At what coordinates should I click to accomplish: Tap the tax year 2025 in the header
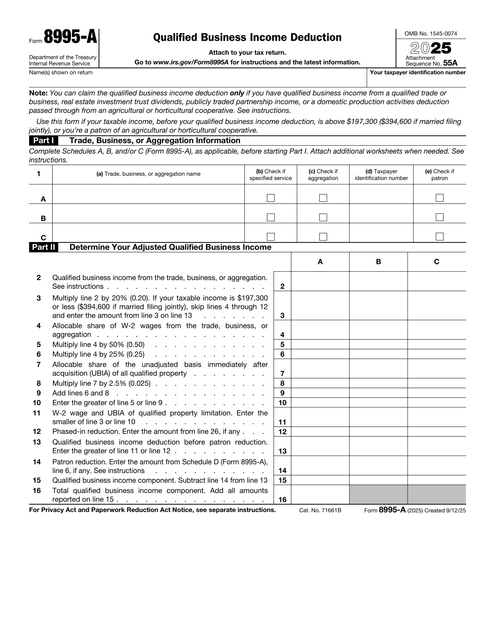click(x=430, y=48)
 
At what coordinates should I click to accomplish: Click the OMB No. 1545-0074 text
click(x=430, y=34)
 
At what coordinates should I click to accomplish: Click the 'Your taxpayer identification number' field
click(x=416, y=81)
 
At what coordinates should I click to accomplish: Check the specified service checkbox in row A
click(x=271, y=198)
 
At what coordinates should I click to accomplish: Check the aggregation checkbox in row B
click(x=323, y=217)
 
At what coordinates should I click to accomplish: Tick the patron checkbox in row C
click(x=439, y=236)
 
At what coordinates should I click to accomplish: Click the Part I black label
click(x=44, y=141)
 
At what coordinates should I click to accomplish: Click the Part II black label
click(x=44, y=247)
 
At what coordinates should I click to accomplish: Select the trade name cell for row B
click(x=148, y=214)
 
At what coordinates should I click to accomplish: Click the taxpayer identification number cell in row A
click(x=381, y=194)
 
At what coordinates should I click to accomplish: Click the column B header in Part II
click(x=378, y=262)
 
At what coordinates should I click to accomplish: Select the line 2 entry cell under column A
click(x=320, y=281)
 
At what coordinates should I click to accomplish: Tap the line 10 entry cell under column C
click(x=436, y=403)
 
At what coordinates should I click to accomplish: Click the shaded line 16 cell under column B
click(x=378, y=495)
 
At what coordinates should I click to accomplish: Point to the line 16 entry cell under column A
click(x=320, y=495)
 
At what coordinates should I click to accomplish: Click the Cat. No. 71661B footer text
click(x=320, y=510)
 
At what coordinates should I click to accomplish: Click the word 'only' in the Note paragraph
click(x=237, y=93)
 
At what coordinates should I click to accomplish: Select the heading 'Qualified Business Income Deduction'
click(x=247, y=37)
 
